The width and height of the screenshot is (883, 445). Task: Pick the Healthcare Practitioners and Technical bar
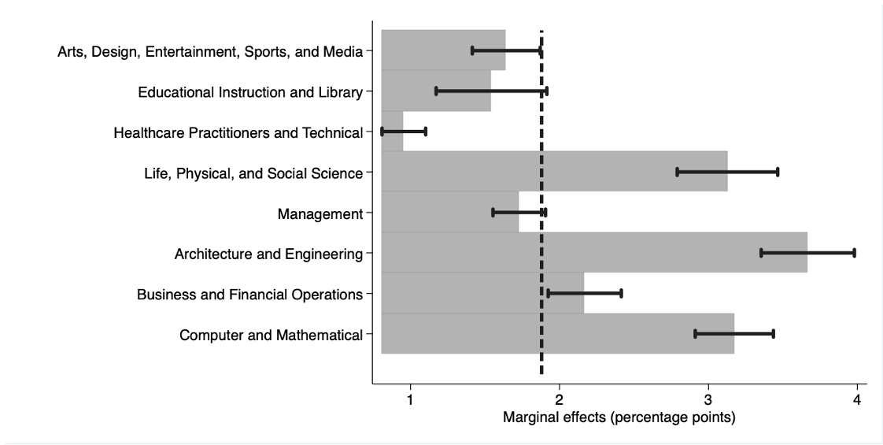pyautogui.click(x=392, y=132)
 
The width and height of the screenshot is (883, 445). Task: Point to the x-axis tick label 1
pyautogui.click(x=411, y=400)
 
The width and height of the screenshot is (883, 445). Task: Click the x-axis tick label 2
pyautogui.click(x=560, y=400)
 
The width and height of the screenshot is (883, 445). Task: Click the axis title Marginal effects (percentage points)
pyautogui.click(x=619, y=417)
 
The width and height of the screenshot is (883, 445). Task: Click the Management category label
pyautogui.click(x=320, y=213)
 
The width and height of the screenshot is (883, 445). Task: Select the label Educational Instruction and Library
pyautogui.click(x=250, y=92)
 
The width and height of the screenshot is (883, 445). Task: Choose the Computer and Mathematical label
pyautogui.click(x=271, y=335)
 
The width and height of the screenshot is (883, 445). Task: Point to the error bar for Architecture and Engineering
pyautogui.click(x=807, y=253)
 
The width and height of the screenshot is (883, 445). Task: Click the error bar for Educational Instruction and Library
pyautogui.click(x=491, y=91)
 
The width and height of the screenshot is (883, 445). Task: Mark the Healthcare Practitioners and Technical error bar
pyautogui.click(x=404, y=132)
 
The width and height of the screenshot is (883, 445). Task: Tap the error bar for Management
pyautogui.click(x=519, y=212)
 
